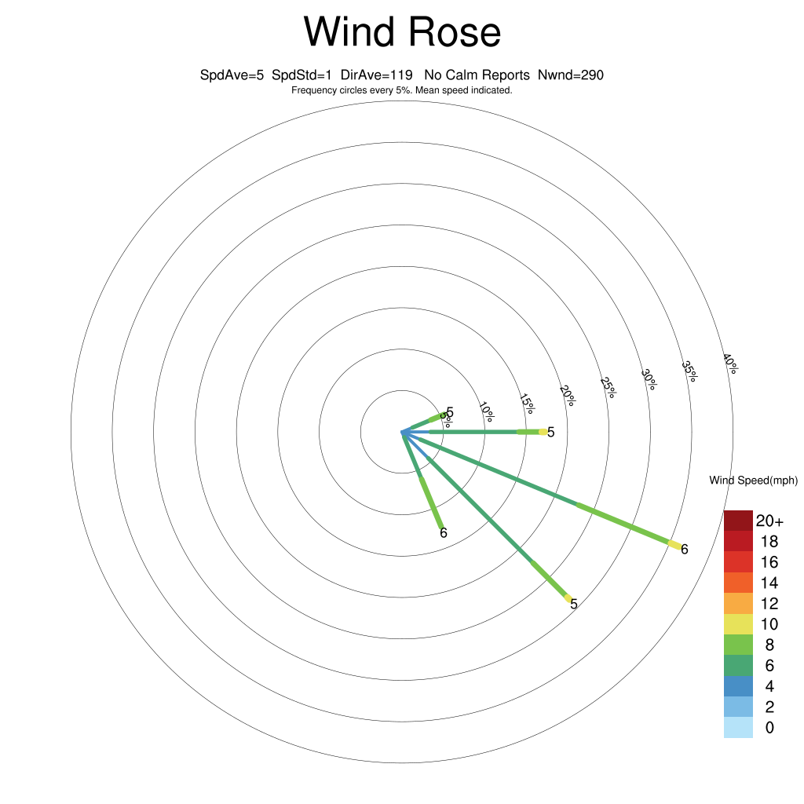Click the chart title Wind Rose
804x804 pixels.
click(402, 31)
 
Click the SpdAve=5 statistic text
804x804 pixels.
click(232, 75)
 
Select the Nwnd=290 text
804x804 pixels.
click(571, 75)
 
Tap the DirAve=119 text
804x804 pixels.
click(376, 75)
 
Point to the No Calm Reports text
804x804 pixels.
click(477, 75)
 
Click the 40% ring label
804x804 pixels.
click(730, 364)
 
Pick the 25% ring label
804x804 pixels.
click(608, 388)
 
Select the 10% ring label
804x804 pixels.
click(487, 411)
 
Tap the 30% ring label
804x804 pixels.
click(649, 380)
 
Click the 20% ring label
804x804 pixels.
click(568, 396)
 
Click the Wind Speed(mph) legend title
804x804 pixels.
click(753, 481)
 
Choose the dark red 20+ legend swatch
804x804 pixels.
click(738, 521)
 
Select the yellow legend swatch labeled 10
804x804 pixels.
click(738, 624)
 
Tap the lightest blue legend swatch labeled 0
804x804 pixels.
click(738, 728)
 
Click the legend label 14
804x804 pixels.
click(769, 583)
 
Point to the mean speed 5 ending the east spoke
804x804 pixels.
click(550, 433)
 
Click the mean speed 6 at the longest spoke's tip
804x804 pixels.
click(684, 549)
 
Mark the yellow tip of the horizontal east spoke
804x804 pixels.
click(543, 433)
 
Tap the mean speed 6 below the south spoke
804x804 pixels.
click(444, 533)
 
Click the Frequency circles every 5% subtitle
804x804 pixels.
click(402, 90)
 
